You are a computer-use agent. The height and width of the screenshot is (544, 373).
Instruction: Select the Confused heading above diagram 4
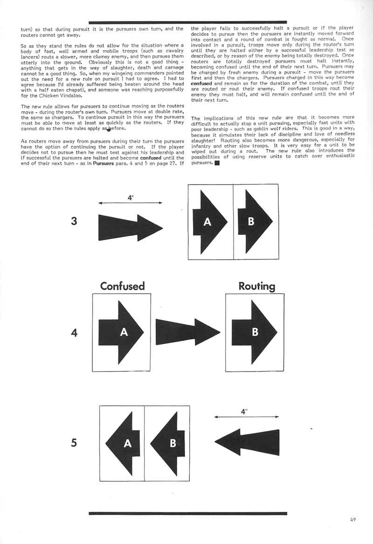point(123,285)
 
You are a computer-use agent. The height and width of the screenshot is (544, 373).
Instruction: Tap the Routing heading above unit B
point(256,285)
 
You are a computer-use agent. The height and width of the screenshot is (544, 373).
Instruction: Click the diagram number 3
point(74,221)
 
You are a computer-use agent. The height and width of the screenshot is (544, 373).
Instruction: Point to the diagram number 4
point(74,333)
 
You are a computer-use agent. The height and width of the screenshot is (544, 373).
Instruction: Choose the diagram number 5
point(74,443)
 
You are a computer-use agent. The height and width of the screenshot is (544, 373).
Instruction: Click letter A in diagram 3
point(207,222)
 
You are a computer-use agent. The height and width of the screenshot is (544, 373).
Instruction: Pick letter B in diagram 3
point(251,222)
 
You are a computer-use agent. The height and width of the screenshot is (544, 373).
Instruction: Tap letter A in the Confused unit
point(124,332)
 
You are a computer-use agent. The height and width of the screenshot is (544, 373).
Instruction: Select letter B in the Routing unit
point(255,332)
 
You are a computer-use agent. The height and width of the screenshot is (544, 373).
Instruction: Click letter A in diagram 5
point(127,443)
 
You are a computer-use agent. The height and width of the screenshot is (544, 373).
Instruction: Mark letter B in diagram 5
point(173,443)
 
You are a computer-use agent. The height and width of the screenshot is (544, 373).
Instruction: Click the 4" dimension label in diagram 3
point(131,197)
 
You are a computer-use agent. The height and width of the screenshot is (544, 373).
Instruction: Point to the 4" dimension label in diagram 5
point(244,411)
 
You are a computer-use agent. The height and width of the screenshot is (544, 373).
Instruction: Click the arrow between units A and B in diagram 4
point(187,332)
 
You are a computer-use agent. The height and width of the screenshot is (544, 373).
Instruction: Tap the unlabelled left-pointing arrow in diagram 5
point(247,442)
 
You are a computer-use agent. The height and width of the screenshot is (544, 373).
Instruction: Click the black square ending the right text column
point(216,163)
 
